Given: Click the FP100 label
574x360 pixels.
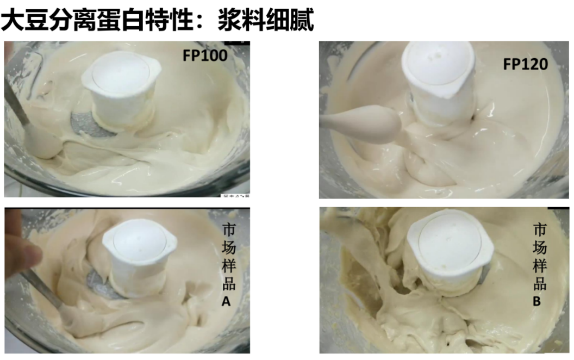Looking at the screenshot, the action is (205, 55).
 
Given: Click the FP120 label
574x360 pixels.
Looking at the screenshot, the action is (525, 64).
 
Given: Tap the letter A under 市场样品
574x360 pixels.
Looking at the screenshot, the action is (226, 301).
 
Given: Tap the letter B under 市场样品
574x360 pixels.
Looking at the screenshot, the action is (536, 301).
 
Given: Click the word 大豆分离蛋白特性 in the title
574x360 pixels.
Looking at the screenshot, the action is (97, 20).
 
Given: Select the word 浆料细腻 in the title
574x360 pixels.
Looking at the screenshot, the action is (266, 20).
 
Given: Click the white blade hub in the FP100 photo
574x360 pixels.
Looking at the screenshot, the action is (122, 89).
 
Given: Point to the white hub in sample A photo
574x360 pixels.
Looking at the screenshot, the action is (139, 256).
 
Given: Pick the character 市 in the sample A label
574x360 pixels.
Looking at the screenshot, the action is (229, 229).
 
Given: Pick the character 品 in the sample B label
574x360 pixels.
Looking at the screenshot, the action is (540, 284).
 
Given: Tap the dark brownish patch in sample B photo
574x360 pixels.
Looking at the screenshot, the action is (357, 278).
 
